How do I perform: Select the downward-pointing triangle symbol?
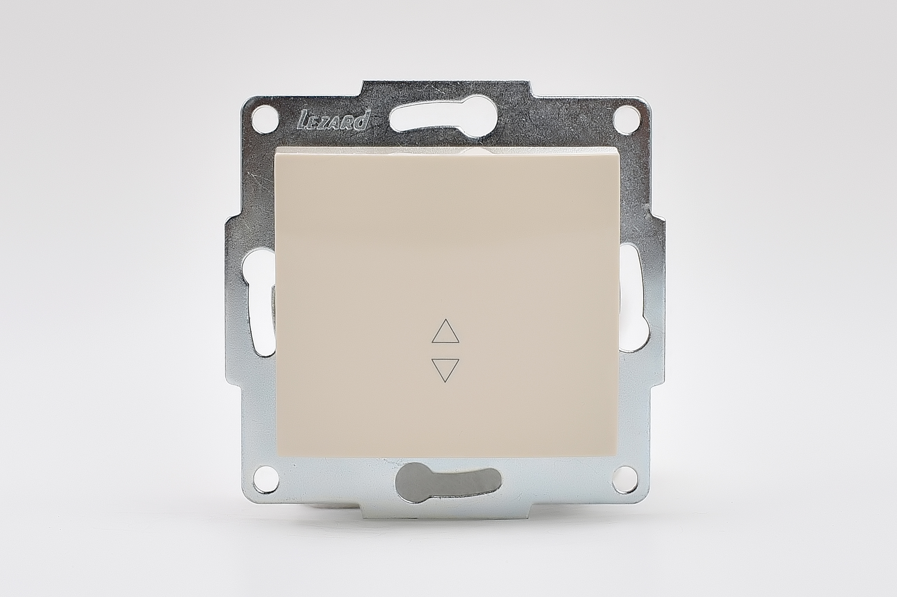point(445,370)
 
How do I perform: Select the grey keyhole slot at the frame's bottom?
point(448,483)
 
